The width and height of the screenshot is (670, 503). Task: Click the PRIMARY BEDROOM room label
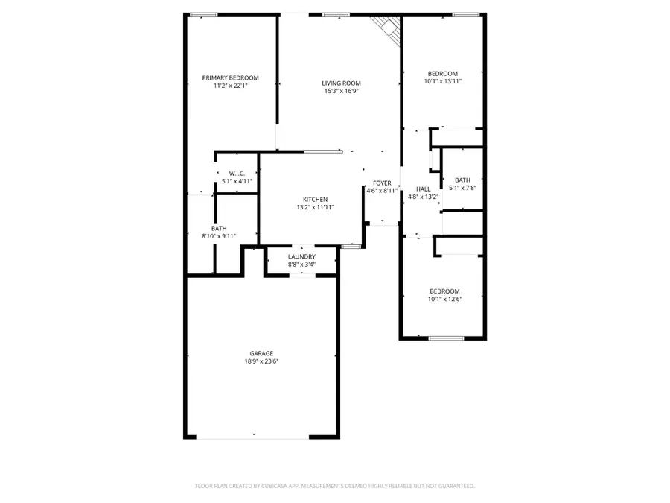click(x=230, y=78)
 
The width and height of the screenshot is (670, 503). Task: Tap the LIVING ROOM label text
click(x=341, y=83)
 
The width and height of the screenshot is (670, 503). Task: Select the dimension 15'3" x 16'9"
click(x=341, y=92)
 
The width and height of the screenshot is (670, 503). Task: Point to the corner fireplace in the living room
click(x=388, y=28)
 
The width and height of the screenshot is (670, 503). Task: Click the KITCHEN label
click(x=315, y=199)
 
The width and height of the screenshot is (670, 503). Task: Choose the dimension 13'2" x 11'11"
click(x=315, y=207)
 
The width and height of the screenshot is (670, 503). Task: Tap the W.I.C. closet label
click(x=237, y=173)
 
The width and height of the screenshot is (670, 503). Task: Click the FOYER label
click(x=382, y=183)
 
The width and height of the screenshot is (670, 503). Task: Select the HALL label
click(x=423, y=189)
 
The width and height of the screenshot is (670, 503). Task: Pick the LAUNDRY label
click(x=301, y=256)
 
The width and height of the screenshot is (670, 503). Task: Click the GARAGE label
click(x=261, y=353)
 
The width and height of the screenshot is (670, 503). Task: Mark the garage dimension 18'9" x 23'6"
click(x=261, y=361)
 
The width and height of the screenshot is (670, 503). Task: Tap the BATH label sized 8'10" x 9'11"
click(x=219, y=228)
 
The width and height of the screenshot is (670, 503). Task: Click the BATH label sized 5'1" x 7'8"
click(x=463, y=180)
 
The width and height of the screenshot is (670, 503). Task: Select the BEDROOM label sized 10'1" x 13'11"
click(x=443, y=73)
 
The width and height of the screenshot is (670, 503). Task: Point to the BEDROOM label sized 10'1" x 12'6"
click(x=444, y=291)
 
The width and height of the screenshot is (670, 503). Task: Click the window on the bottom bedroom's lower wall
click(x=447, y=338)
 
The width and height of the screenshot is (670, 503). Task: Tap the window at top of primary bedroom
click(x=204, y=15)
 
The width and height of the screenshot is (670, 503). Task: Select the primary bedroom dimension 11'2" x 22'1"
click(x=230, y=86)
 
